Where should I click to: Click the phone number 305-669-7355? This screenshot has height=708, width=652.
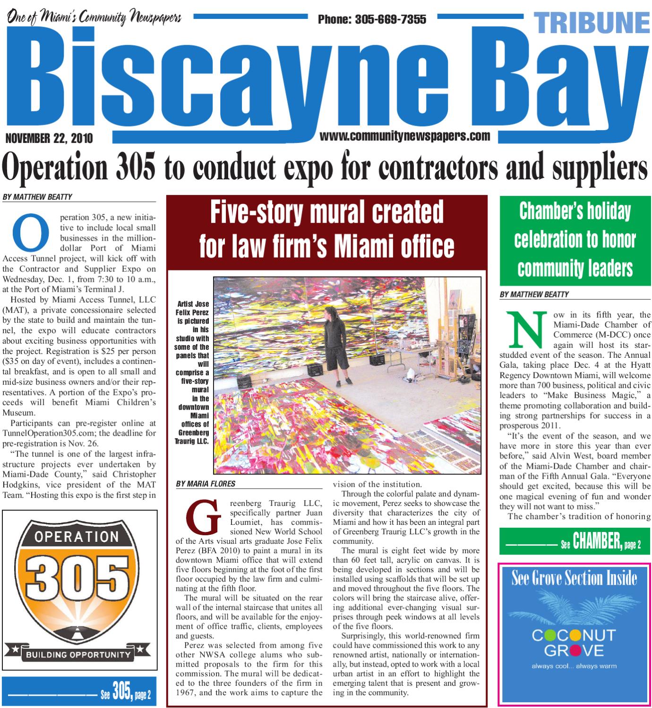pos(372,19)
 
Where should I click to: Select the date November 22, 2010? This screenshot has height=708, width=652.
pos(49,138)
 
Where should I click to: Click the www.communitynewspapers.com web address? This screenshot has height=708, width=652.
pos(405,136)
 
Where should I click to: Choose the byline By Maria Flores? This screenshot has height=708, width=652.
pos(205,483)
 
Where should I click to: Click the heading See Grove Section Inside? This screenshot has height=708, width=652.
pos(574,579)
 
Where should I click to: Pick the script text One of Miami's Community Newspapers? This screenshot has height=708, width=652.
pos(94,17)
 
